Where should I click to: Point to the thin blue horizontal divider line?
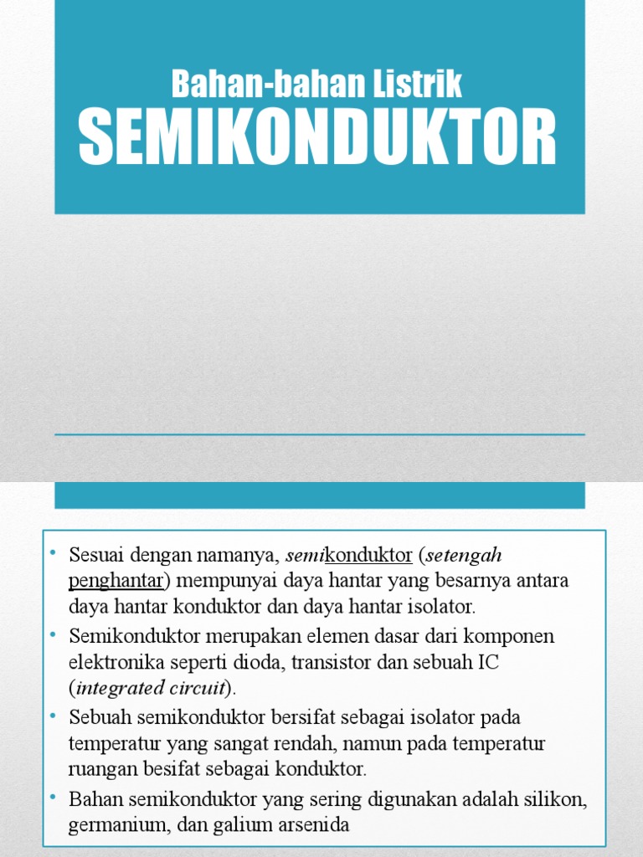[319, 434]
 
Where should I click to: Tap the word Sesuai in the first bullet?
[95, 556]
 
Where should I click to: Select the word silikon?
[556, 799]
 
